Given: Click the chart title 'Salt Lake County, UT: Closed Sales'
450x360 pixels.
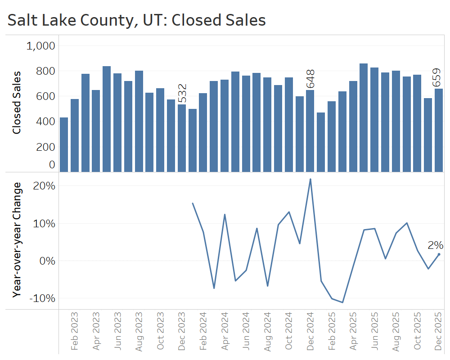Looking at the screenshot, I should [x=136, y=20].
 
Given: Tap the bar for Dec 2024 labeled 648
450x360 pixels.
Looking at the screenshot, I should [x=310, y=130].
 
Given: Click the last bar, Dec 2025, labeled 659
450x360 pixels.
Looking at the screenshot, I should [x=439, y=130].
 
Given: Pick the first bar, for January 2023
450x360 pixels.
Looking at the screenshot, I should [x=64, y=144].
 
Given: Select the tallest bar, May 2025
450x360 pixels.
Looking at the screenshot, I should [x=364, y=117].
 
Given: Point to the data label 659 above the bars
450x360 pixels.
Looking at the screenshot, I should [x=436, y=77].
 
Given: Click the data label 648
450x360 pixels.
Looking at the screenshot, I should [x=310, y=79].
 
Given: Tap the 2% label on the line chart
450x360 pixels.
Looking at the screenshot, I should [x=435, y=245].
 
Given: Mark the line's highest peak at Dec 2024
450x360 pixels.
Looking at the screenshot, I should [x=310, y=179].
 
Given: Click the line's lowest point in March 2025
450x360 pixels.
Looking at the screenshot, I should [x=342, y=302].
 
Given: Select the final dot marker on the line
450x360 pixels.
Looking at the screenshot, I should [x=439, y=254].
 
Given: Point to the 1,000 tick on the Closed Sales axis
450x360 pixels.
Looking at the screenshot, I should [x=41, y=45].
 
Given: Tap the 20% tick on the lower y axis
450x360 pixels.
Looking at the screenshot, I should [x=44, y=186].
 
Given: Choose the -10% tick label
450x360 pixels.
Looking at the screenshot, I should [x=43, y=298].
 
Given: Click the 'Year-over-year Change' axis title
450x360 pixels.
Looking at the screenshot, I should [x=17, y=240].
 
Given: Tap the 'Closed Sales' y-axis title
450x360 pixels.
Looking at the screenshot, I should [x=17, y=102].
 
